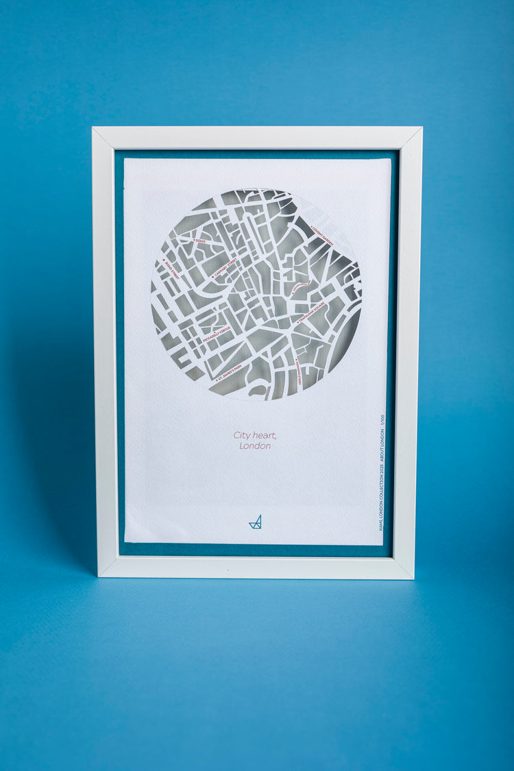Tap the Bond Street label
tap(171, 270)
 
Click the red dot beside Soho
tap(194, 239)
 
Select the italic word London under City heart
tap(255, 446)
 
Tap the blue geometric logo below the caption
tap(256, 522)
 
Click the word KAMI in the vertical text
tap(382, 524)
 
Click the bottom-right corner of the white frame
tap(413, 577)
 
